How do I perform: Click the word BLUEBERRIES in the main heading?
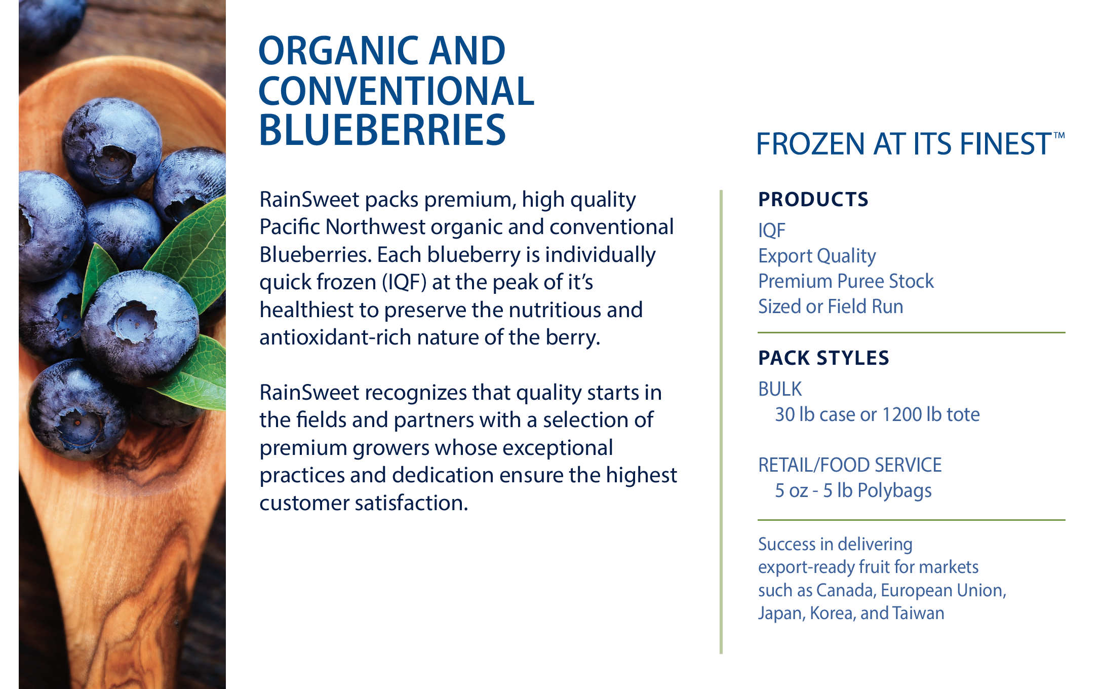click(382, 130)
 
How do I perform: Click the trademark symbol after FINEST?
click(1059, 136)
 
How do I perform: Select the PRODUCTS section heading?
click(813, 199)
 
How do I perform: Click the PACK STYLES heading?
click(823, 358)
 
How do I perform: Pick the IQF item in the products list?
click(772, 231)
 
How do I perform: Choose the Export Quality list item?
click(817, 256)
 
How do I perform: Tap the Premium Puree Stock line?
click(846, 281)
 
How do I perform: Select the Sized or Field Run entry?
click(831, 307)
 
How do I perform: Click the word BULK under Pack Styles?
click(780, 389)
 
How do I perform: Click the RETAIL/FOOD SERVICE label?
click(850, 465)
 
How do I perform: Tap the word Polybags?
click(895, 491)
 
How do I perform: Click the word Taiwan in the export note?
click(918, 613)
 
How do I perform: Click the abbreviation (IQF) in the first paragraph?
click(405, 282)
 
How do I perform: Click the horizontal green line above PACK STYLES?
click(912, 333)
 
